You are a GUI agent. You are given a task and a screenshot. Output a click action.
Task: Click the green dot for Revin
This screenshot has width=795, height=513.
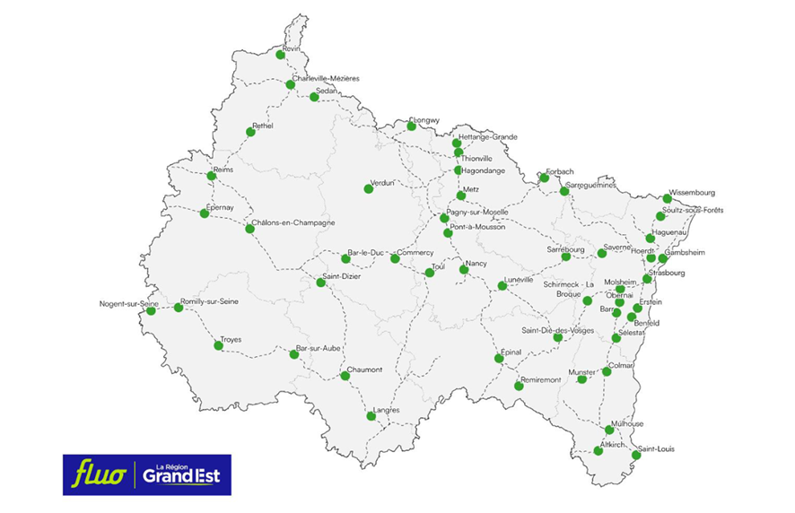(281, 55)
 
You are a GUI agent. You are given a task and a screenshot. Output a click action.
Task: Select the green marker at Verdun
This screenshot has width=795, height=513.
(368, 188)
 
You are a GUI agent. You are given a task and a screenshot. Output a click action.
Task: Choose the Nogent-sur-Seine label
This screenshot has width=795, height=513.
(129, 303)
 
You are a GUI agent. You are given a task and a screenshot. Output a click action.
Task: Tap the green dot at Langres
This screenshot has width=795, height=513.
(371, 416)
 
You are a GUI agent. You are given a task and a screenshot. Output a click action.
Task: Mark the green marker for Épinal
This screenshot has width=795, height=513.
(499, 359)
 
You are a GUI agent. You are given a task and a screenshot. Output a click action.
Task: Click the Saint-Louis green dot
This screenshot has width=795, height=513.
(636, 456)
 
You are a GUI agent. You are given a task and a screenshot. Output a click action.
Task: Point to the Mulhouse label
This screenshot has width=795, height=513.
(627, 423)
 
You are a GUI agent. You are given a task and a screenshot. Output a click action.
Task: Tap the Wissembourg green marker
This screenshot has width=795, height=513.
(667, 199)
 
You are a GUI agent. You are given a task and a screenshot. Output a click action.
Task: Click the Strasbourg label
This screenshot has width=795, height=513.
(667, 273)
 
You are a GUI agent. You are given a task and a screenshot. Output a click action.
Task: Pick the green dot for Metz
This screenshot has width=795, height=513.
(461, 196)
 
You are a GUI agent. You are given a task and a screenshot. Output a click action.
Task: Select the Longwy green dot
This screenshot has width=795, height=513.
(411, 126)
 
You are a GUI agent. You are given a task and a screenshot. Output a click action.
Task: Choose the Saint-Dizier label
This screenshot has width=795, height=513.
(340, 277)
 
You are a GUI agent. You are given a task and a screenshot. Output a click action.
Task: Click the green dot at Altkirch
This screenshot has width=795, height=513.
(598, 450)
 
